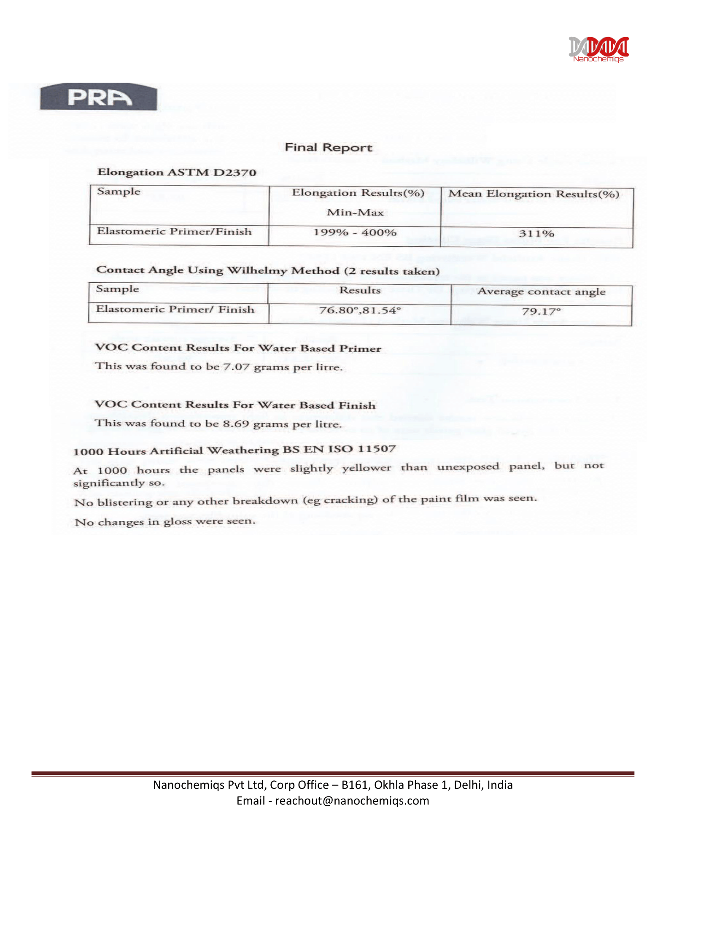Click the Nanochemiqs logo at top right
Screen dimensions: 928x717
598,49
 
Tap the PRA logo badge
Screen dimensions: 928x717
99,97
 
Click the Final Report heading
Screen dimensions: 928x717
328,148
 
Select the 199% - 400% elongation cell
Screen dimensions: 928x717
355,233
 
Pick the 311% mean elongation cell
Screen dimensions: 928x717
536,234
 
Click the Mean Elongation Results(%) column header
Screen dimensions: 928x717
534,194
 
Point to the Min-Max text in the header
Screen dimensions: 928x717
355,213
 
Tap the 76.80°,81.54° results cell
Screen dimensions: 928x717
360,310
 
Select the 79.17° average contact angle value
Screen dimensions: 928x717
541,312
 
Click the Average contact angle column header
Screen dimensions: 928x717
541,291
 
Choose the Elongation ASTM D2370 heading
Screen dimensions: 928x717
177,172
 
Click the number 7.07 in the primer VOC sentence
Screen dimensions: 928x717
236,366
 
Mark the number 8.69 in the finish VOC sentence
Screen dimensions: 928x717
236,423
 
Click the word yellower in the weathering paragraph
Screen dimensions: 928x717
367,468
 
